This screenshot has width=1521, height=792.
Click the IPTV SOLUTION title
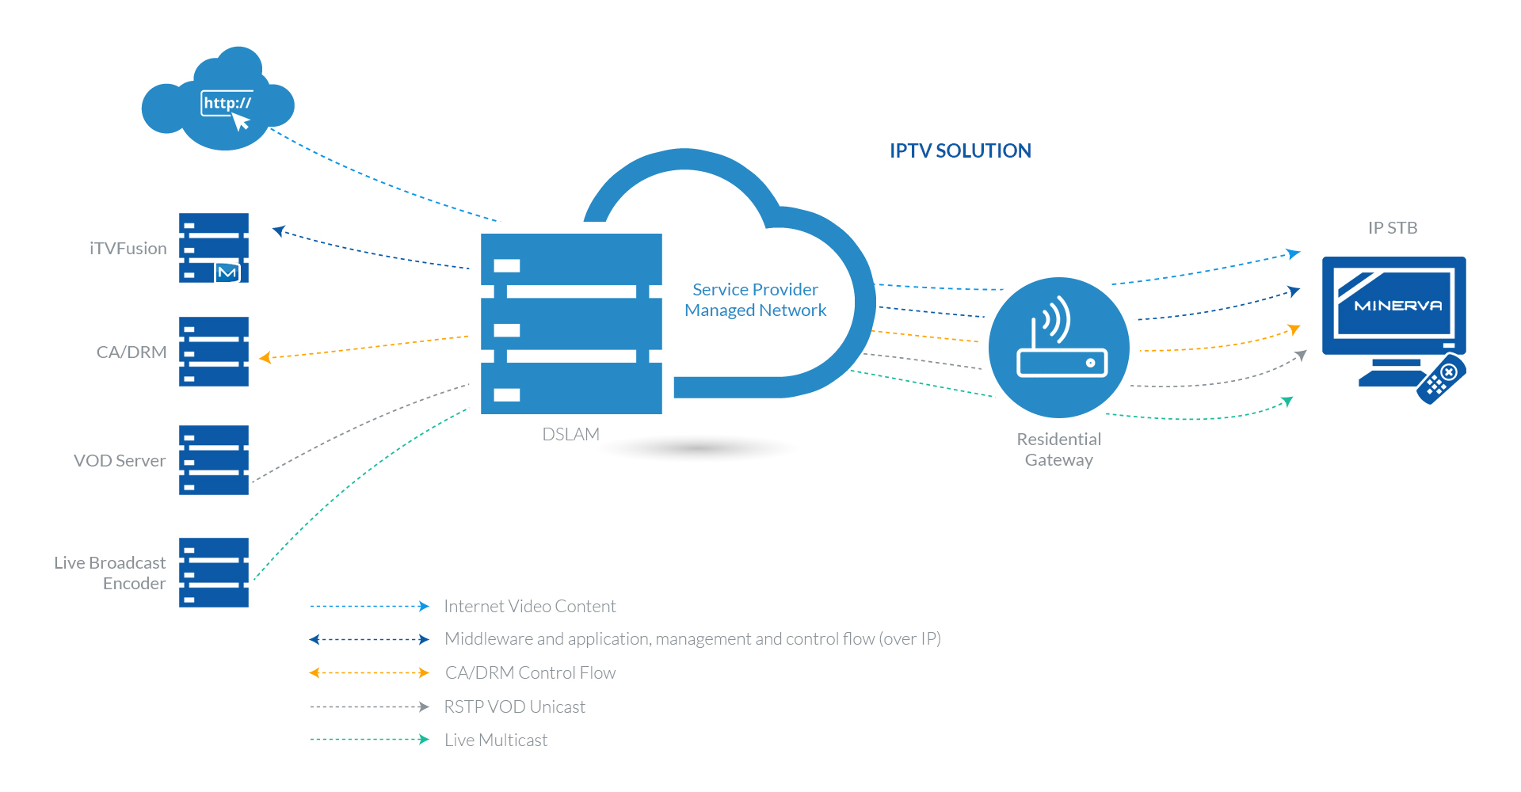pyautogui.click(x=960, y=150)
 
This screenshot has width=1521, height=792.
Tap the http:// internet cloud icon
pyautogui.click(x=219, y=103)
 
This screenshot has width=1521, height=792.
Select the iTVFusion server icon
pyautogui.click(x=214, y=248)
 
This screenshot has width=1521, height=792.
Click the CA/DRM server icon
pyautogui.click(x=214, y=352)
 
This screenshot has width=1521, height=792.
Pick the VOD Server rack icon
pyautogui.click(x=214, y=460)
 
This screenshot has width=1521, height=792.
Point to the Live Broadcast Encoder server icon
pyautogui.click(x=214, y=573)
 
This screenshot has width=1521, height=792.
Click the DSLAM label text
pyautogui.click(x=570, y=434)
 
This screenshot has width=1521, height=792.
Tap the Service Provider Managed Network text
pyautogui.click(x=755, y=300)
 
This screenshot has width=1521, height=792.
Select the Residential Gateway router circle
pyautogui.click(x=1059, y=347)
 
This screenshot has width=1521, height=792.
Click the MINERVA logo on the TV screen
pyautogui.click(x=1397, y=306)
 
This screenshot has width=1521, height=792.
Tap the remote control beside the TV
pyautogui.click(x=1441, y=379)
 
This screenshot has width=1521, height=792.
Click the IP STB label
pyautogui.click(x=1393, y=228)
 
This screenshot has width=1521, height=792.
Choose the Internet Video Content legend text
pyautogui.click(x=529, y=607)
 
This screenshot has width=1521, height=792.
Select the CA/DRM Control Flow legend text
pyautogui.click(x=530, y=673)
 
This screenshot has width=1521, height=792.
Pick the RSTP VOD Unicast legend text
pyautogui.click(x=514, y=707)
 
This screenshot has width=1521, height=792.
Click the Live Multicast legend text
pyautogui.click(x=496, y=741)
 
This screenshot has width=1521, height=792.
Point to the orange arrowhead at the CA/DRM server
pyautogui.click(x=265, y=358)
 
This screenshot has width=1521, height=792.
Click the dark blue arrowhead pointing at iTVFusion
pyautogui.click(x=278, y=230)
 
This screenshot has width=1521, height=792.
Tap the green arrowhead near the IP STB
pyautogui.click(x=1288, y=402)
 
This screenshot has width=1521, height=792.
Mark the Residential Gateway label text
pyautogui.click(x=1059, y=450)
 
